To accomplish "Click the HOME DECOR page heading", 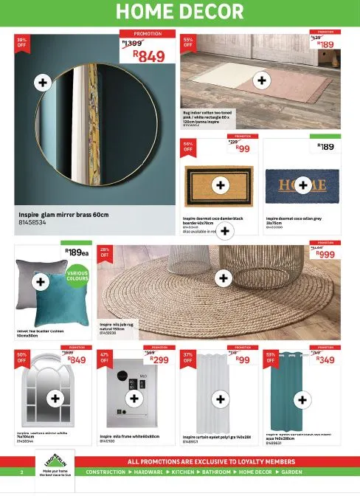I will pos(180,11).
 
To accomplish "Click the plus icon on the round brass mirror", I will pos(44,82).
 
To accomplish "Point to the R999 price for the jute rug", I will pos(327,254).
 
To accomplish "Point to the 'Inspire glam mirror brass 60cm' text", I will pos(63,214).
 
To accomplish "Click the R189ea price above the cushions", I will pos(76,252).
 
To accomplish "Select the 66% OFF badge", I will pos(188,146).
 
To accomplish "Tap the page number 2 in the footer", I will pos(22,472).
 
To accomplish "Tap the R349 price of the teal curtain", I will pos(326,360).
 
